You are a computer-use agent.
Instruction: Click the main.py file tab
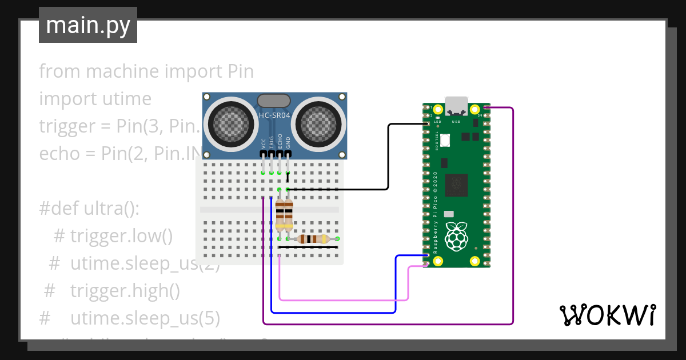point(87,25)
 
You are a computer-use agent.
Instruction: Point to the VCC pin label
point(264,142)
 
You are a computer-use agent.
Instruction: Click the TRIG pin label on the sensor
point(272,142)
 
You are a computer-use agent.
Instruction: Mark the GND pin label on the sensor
point(288,142)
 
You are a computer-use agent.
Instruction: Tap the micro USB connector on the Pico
point(456,105)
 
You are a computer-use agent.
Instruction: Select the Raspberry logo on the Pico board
point(456,237)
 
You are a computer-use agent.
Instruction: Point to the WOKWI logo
point(607,315)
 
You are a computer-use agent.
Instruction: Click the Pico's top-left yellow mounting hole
point(438,109)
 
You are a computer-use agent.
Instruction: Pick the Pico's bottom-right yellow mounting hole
point(474,261)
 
